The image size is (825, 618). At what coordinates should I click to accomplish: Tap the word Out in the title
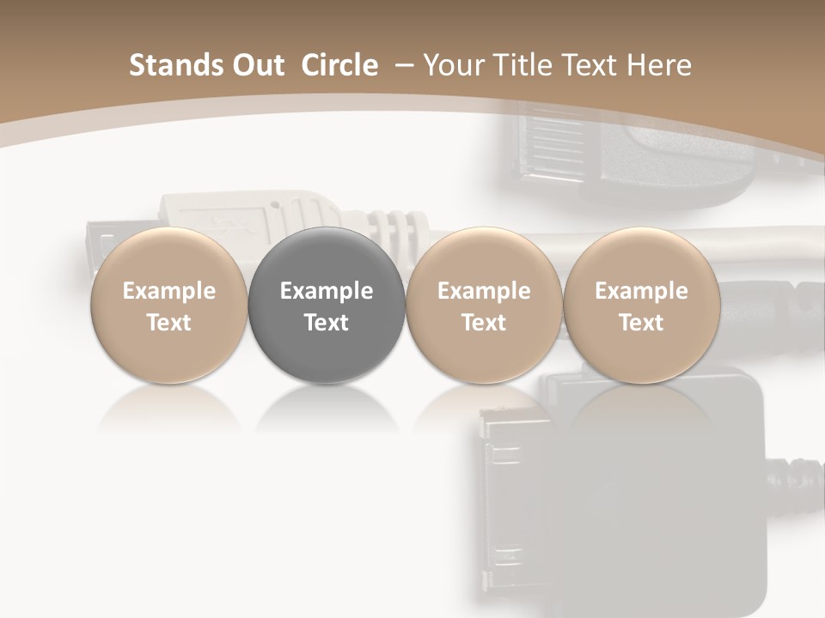pos(256,65)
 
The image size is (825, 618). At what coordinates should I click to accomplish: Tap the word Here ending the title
pos(662,65)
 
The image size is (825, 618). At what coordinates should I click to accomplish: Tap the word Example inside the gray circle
pos(327,291)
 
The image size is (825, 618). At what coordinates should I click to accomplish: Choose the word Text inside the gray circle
pos(327,323)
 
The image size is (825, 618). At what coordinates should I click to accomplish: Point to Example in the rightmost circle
pos(641,291)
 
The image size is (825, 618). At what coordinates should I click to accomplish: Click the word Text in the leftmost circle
pos(169,323)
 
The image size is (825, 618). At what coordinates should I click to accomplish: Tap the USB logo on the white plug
pos(228,225)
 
